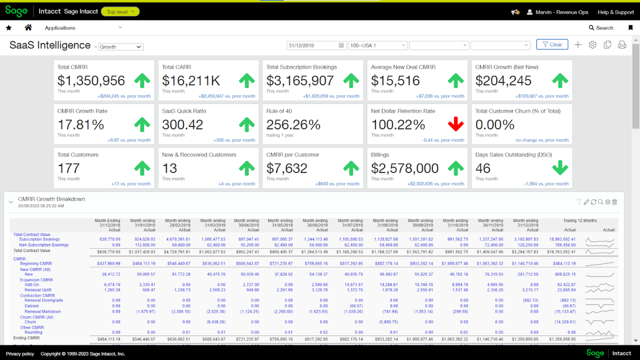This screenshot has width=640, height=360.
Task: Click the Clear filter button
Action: [552, 44]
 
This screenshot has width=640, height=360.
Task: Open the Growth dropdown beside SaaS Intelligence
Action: [120, 47]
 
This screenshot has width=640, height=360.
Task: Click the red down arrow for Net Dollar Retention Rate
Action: [456, 124]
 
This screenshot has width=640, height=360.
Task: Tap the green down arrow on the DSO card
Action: [560, 168]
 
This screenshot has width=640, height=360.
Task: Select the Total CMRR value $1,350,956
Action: [91, 80]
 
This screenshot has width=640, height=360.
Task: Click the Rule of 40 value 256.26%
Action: [293, 124]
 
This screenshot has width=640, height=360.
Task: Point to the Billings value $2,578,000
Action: [404, 168]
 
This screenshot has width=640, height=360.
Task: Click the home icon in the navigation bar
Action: [28, 28]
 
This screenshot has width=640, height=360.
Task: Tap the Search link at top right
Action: [601, 28]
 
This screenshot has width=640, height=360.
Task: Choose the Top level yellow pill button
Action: [120, 12]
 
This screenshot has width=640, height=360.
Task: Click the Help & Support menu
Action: [616, 12]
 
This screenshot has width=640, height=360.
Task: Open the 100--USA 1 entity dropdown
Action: [378, 45]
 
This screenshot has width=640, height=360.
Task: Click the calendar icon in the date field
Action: [341, 45]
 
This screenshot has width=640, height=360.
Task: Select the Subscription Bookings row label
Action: [39, 240]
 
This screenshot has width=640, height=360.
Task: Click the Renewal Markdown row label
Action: [43, 312]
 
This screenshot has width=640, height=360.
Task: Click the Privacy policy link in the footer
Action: [20, 354]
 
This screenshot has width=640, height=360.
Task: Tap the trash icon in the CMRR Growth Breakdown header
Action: [615, 202]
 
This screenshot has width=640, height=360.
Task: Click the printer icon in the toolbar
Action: [622, 45]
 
